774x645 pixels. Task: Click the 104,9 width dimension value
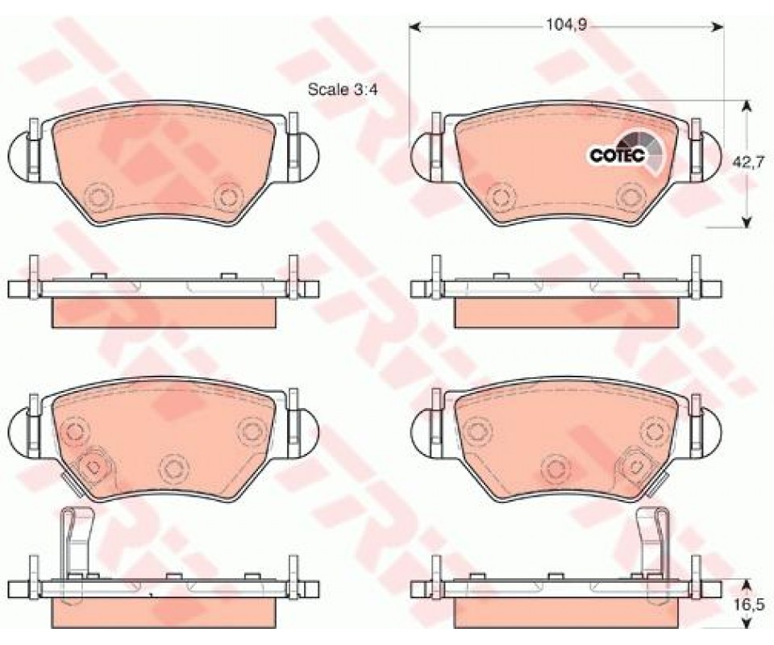click(x=565, y=26)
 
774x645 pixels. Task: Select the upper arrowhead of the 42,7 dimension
click(x=747, y=106)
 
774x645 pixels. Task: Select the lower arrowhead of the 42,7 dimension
click(x=747, y=221)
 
